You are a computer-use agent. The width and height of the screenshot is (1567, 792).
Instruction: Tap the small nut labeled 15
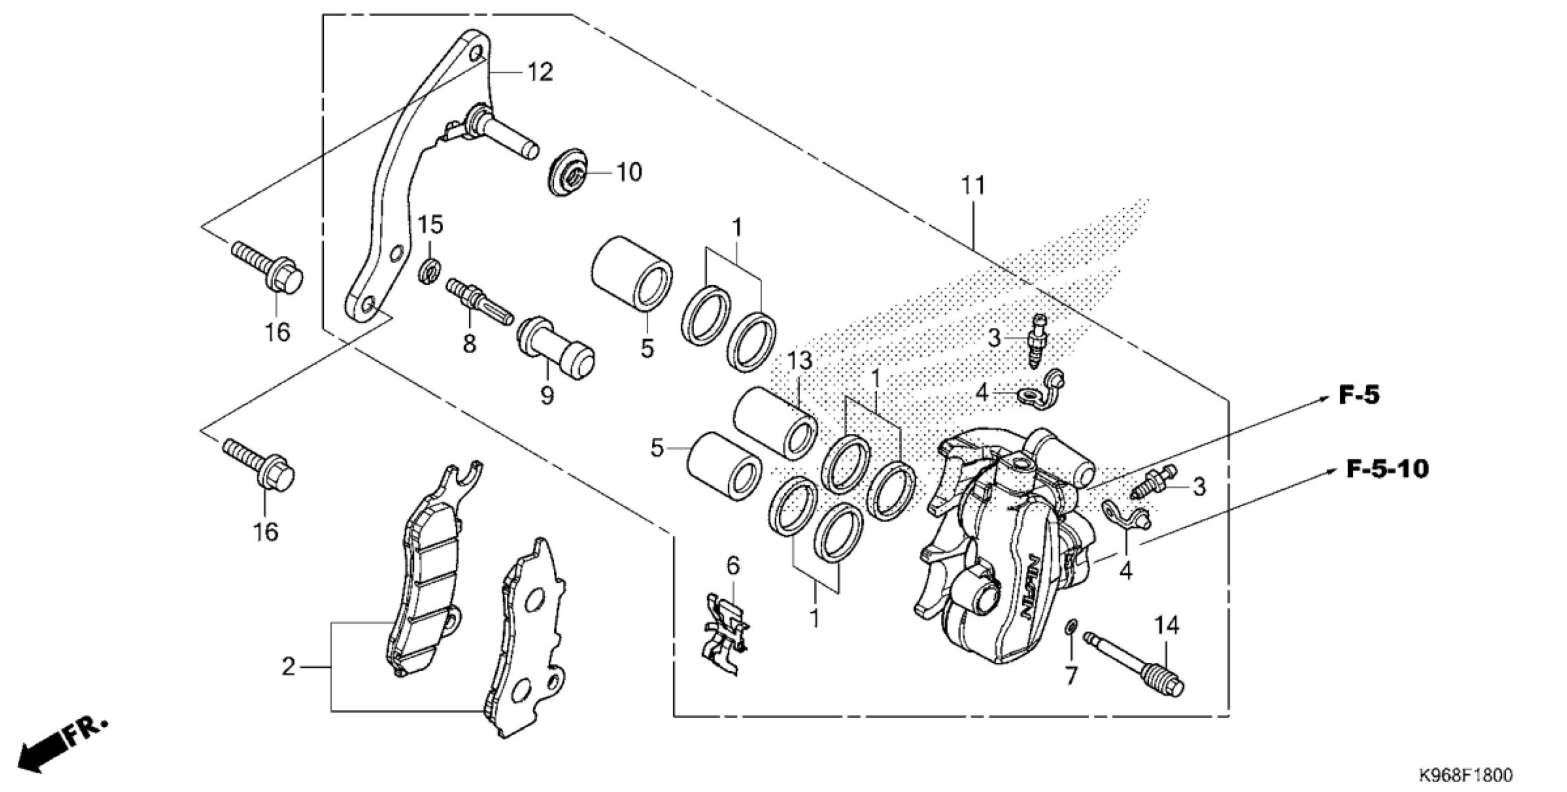pos(430,271)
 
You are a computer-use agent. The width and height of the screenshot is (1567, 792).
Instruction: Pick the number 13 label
pos(799,361)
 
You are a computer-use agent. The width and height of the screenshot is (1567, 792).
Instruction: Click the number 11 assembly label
pos(973,185)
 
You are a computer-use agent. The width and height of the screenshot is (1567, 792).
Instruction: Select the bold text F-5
pos(1359,395)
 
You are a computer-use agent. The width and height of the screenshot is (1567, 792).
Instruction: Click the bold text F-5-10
pos(1387,469)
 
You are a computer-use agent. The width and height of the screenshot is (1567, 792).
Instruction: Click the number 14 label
pos(1167,626)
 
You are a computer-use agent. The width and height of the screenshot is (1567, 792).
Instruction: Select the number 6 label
pos(733,566)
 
